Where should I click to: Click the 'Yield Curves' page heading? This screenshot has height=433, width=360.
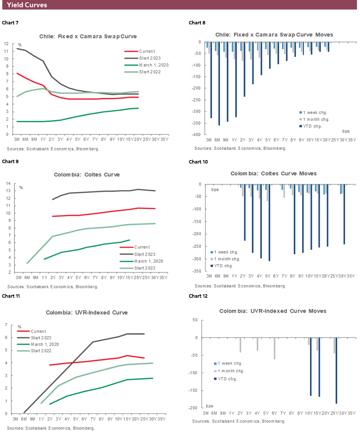click(27, 5)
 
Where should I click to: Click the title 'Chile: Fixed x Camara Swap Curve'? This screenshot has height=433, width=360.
click(88, 37)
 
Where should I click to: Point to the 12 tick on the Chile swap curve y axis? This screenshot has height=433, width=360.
click(6, 43)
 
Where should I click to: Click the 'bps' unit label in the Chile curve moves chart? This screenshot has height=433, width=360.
click(346, 131)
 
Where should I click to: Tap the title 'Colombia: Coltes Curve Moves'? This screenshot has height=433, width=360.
click(273, 173)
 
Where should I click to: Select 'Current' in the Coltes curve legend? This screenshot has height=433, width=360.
click(142, 247)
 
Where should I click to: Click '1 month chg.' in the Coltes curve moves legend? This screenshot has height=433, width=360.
click(227, 259)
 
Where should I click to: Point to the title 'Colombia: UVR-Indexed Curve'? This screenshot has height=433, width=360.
click(87, 313)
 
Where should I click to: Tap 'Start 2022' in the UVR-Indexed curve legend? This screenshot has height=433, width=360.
click(42, 351)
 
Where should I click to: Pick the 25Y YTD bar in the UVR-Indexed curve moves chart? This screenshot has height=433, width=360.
click(337, 370)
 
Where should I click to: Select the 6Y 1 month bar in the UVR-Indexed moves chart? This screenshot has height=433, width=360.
click(275, 348)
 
